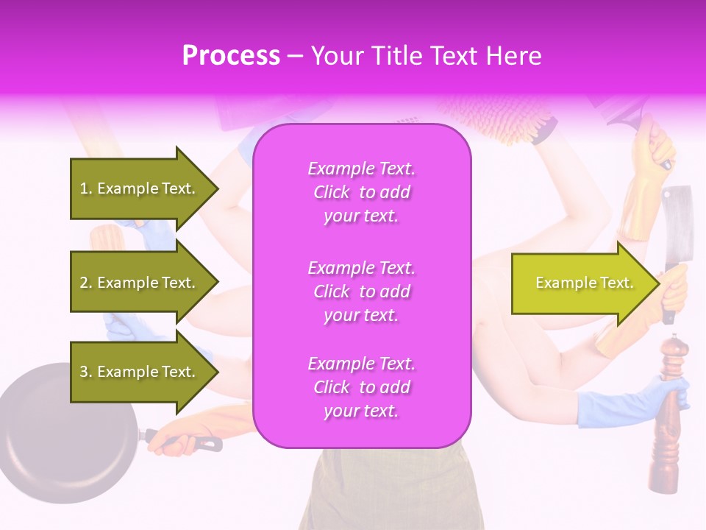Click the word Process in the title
tap(231, 56)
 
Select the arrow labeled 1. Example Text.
tap(140, 188)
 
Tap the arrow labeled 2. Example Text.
tap(140, 283)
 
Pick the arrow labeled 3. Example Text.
tap(140, 372)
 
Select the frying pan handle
tap(184, 442)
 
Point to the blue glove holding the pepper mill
tap(625, 401)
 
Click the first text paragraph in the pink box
tap(361, 192)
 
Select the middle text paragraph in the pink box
tap(361, 291)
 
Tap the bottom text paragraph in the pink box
tap(361, 387)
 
